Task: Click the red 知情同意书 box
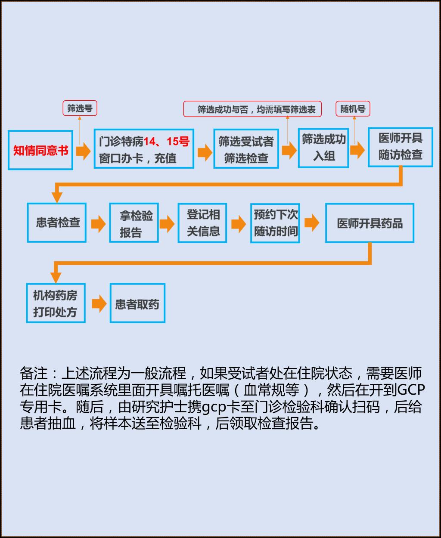click(40, 150)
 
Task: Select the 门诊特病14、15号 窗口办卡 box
click(144, 148)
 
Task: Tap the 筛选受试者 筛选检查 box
click(246, 148)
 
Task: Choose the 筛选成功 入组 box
click(323, 148)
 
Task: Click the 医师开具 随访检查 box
click(401, 147)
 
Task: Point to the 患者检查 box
click(57, 223)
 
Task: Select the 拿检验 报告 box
click(134, 223)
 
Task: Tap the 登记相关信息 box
click(202, 223)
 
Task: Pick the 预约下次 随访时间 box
click(275, 223)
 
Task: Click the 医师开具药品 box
click(370, 223)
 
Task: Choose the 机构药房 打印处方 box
click(56, 303)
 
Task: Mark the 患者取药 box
click(137, 303)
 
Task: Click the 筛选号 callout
click(80, 108)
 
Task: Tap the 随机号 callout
click(353, 108)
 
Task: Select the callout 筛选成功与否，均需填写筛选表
click(252, 109)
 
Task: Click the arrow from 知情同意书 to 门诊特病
click(83, 151)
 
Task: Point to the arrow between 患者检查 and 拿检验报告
click(98, 224)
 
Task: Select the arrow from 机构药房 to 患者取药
click(99, 303)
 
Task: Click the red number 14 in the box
click(149, 141)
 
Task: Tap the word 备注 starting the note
click(34, 373)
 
